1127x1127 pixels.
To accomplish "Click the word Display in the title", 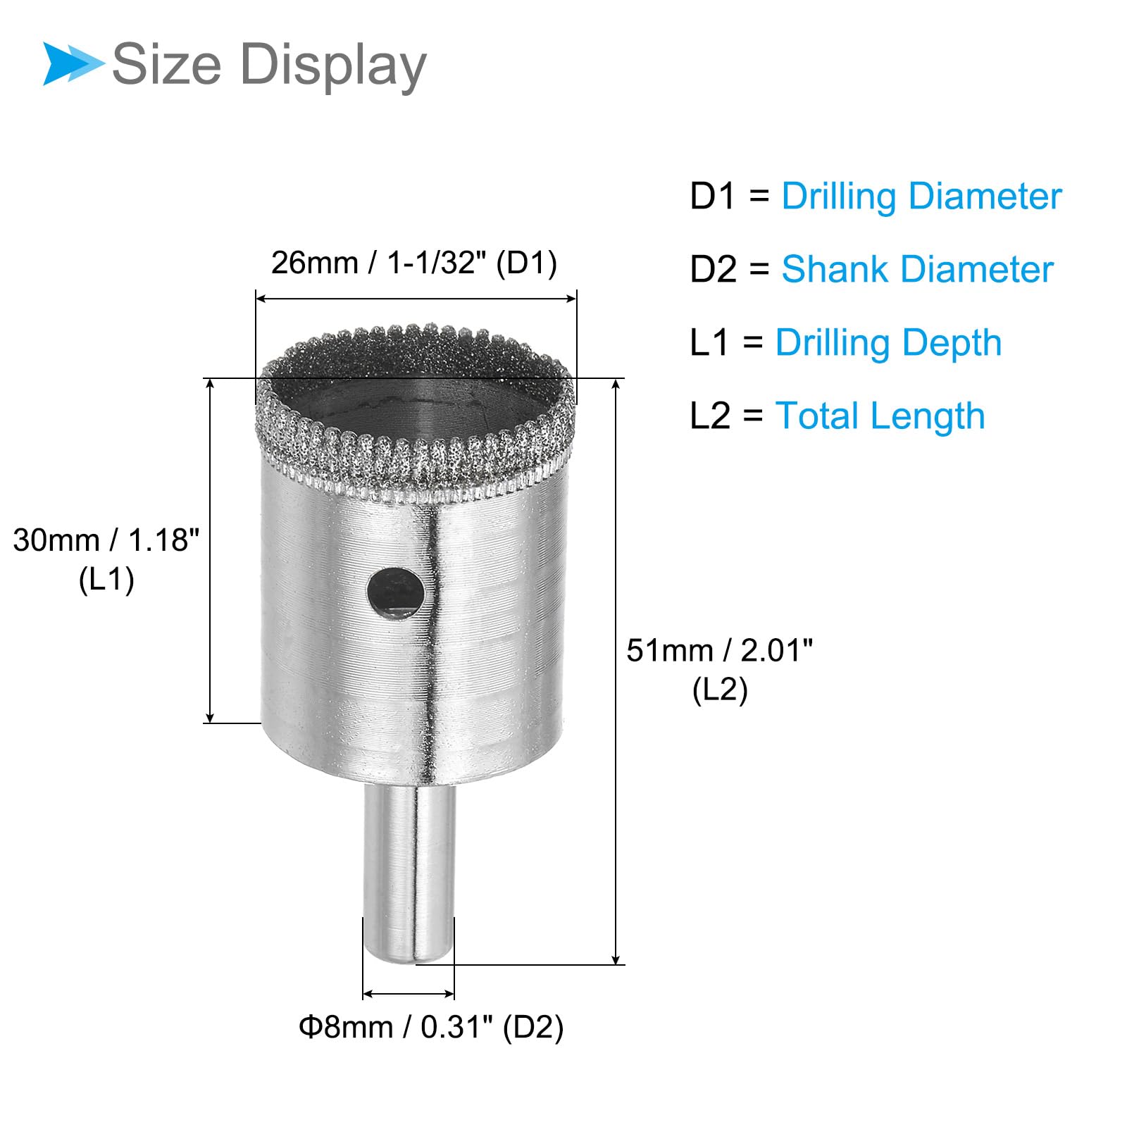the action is click(x=333, y=66).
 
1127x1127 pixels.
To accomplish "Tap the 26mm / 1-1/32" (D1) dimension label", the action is click(x=414, y=263).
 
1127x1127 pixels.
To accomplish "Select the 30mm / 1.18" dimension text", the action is click(x=106, y=540).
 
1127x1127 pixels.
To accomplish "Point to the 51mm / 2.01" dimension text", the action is click(x=720, y=650).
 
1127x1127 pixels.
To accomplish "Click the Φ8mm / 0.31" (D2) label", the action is click(x=431, y=1027).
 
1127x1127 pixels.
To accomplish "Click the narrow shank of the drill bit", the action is click(x=409, y=873).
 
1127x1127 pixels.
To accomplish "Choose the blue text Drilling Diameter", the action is click(x=921, y=197).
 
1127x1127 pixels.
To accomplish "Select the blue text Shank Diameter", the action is click(x=917, y=269).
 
